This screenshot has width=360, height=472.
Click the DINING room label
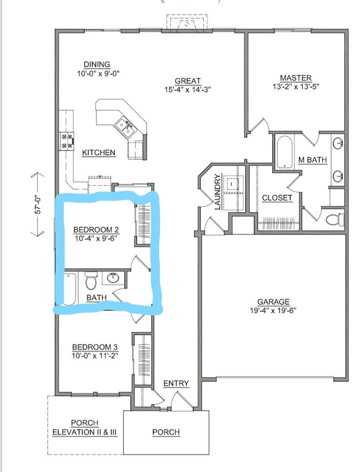click(x=96, y=64)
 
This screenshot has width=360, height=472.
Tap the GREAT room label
click(x=187, y=81)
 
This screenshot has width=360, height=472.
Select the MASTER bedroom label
click(x=295, y=78)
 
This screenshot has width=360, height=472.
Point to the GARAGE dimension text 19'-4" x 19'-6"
click(x=273, y=310)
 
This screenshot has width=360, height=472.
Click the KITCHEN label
click(x=98, y=152)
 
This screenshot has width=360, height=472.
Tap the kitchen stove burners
click(x=66, y=141)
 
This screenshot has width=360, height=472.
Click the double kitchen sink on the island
click(x=125, y=128)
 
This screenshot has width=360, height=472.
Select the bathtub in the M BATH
click(x=284, y=152)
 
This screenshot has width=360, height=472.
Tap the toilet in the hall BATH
click(x=90, y=280)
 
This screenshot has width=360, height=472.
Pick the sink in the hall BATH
click(x=113, y=278)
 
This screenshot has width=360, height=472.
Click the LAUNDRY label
click(x=217, y=192)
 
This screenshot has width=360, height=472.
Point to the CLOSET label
click(x=277, y=198)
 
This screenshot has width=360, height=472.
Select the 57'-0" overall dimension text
click(x=37, y=204)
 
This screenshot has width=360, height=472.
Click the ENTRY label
click(x=176, y=383)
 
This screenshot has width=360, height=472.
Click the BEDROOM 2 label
click(x=96, y=230)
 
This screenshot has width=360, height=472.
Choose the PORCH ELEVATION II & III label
click(x=84, y=428)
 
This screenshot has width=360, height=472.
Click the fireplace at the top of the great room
click(x=187, y=22)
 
